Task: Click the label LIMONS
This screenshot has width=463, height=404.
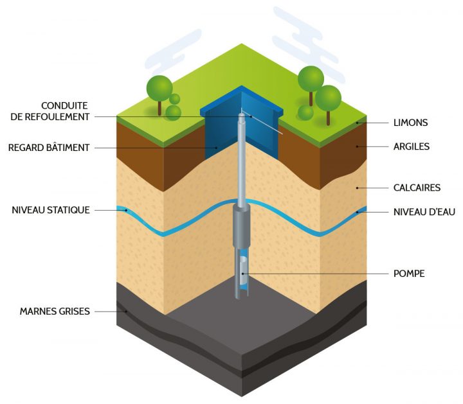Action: pos(410,122)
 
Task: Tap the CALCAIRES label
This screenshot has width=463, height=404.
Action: pos(416,188)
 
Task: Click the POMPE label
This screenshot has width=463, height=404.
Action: pos(408,274)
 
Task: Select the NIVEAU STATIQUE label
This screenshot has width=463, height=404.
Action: pos(50,210)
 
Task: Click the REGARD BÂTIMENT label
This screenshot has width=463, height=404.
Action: pos(48,147)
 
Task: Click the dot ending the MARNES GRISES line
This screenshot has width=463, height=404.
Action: pos(127,312)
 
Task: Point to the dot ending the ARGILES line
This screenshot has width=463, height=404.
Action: pos(358,146)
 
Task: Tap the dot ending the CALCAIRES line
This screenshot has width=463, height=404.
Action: pos(358,188)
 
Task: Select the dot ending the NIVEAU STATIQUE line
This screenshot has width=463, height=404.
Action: pos(127,210)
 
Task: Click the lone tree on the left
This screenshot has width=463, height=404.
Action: pos(159,90)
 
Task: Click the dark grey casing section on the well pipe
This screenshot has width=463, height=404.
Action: pos(241,225)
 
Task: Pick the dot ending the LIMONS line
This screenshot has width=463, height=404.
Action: pos(358,122)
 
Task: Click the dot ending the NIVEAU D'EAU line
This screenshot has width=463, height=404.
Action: pos(358,211)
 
